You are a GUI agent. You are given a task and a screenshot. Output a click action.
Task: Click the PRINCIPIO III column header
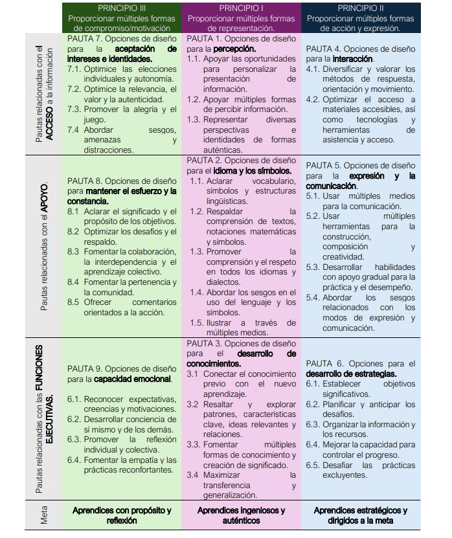[122, 17]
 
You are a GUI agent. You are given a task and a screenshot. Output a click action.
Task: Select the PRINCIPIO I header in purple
[241, 17]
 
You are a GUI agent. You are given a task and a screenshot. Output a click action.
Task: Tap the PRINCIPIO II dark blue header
[360, 17]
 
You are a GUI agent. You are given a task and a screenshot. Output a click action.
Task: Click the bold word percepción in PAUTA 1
[234, 49]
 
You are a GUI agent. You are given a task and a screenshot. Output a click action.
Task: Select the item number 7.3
[74, 109]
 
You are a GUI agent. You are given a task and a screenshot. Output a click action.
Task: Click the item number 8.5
[73, 302]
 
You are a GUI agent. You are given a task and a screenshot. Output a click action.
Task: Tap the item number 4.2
[312, 99]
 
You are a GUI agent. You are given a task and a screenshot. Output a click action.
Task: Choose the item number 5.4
[313, 298]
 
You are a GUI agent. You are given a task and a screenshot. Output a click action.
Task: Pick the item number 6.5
[313, 465]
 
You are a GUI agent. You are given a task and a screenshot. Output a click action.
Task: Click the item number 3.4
[193, 475]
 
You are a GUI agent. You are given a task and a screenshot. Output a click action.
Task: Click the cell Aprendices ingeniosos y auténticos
[241, 515]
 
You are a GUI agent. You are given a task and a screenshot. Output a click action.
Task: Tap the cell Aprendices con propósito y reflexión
[122, 515]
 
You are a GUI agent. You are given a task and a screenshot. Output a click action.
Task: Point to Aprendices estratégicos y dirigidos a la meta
[360, 515]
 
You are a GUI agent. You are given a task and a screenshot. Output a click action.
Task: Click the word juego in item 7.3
[95, 120]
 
